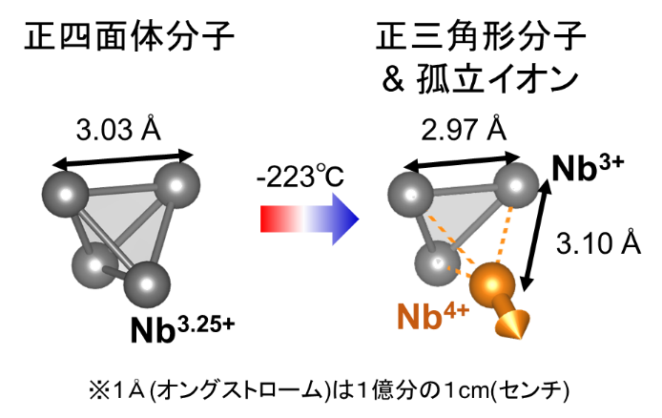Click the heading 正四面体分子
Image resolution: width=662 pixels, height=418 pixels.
pyautogui.click(x=129, y=36)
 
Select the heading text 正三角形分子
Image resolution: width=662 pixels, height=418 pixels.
pyautogui.click(x=481, y=36)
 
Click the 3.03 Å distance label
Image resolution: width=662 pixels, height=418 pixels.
pyautogui.click(x=118, y=129)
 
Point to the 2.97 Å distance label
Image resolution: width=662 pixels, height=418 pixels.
pyautogui.click(x=464, y=129)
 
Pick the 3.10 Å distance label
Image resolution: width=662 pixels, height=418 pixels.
pyautogui.click(x=598, y=243)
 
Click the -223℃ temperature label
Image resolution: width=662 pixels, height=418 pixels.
pyautogui.click(x=300, y=177)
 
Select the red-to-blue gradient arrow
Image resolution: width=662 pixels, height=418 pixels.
pyautogui.click(x=310, y=219)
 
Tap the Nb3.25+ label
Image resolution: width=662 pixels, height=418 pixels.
pyautogui.click(x=182, y=328)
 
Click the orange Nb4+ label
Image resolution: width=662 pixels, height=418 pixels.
pyautogui.click(x=433, y=316)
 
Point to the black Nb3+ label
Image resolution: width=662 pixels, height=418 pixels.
pyautogui.click(x=588, y=168)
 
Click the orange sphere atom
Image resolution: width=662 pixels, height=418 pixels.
pyautogui.click(x=492, y=283)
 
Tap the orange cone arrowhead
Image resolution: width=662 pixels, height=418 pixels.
pyautogui.click(x=512, y=324)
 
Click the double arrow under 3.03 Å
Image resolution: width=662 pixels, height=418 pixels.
pyautogui.click(x=122, y=159)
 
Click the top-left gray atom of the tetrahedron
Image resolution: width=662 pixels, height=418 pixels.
pyautogui.click(x=66, y=195)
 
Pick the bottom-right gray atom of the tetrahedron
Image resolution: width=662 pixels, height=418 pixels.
pyautogui.click(x=147, y=284)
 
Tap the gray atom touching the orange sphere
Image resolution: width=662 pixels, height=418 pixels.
pyautogui.click(x=437, y=263)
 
